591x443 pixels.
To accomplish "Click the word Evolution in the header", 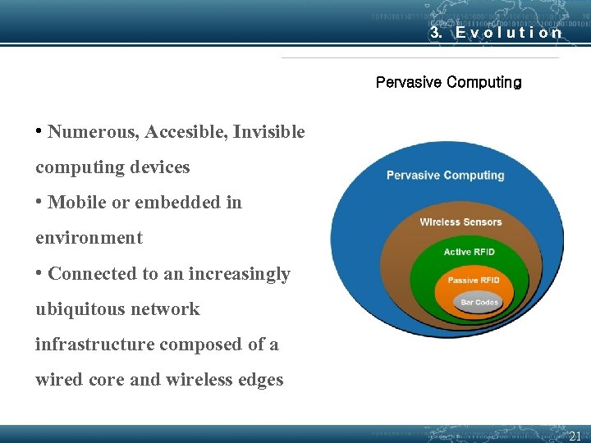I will (509, 33).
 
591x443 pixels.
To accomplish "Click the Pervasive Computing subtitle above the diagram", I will (448, 83).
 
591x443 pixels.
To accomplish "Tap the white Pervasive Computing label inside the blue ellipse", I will (445, 175).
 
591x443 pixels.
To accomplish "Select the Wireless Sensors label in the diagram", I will (460, 221).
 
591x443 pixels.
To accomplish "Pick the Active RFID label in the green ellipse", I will (469, 252).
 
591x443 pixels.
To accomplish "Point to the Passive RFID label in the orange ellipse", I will (474, 281).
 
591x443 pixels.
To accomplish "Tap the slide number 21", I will (575, 436).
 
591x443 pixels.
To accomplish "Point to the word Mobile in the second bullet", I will (77, 203).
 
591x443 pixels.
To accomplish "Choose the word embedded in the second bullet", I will (170, 203).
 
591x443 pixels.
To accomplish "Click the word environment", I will (89, 238).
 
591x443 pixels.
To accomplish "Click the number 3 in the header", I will (436, 33).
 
